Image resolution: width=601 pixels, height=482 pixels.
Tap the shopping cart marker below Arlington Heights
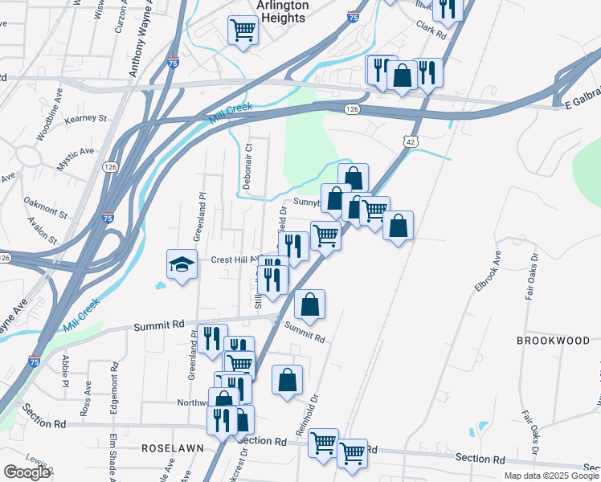(243, 31)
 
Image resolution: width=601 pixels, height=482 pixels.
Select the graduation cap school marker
(182, 264)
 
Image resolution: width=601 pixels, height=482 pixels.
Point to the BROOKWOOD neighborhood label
(553, 341)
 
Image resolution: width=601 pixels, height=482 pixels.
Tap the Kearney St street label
(86, 119)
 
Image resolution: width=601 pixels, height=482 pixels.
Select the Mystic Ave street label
(76, 159)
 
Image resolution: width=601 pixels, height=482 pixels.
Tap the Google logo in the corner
(27, 472)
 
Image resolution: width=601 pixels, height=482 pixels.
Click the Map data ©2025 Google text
(550, 476)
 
